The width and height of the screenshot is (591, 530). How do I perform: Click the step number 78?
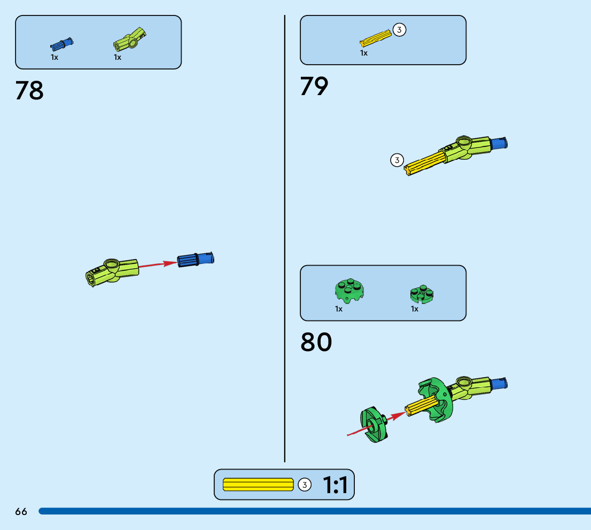29,91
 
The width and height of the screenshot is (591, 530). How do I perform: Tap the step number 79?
314,87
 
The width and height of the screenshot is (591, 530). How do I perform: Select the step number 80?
316,342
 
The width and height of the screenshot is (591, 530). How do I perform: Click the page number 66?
21,512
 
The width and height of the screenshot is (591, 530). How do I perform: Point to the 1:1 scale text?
335,485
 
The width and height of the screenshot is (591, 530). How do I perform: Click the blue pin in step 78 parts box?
62,44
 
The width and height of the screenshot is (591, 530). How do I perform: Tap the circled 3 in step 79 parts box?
399,30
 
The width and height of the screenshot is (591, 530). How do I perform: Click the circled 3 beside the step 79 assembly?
396,160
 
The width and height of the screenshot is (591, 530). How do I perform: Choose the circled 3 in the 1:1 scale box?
304,485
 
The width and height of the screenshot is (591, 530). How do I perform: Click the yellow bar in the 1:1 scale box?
258,485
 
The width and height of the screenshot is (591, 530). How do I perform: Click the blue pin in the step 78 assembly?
196,260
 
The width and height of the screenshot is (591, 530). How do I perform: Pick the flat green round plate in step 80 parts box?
422,293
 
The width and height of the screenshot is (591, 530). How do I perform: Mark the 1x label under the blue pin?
55,57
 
